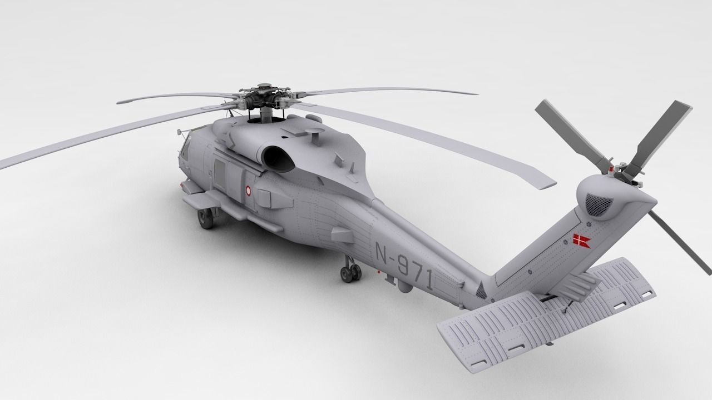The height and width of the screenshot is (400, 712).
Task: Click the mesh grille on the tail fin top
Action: pos(599,203)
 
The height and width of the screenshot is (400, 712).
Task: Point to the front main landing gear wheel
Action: pos(205,219)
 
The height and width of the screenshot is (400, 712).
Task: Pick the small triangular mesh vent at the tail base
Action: pos(482,288)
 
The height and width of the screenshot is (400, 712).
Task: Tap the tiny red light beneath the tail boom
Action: pos(379,273)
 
